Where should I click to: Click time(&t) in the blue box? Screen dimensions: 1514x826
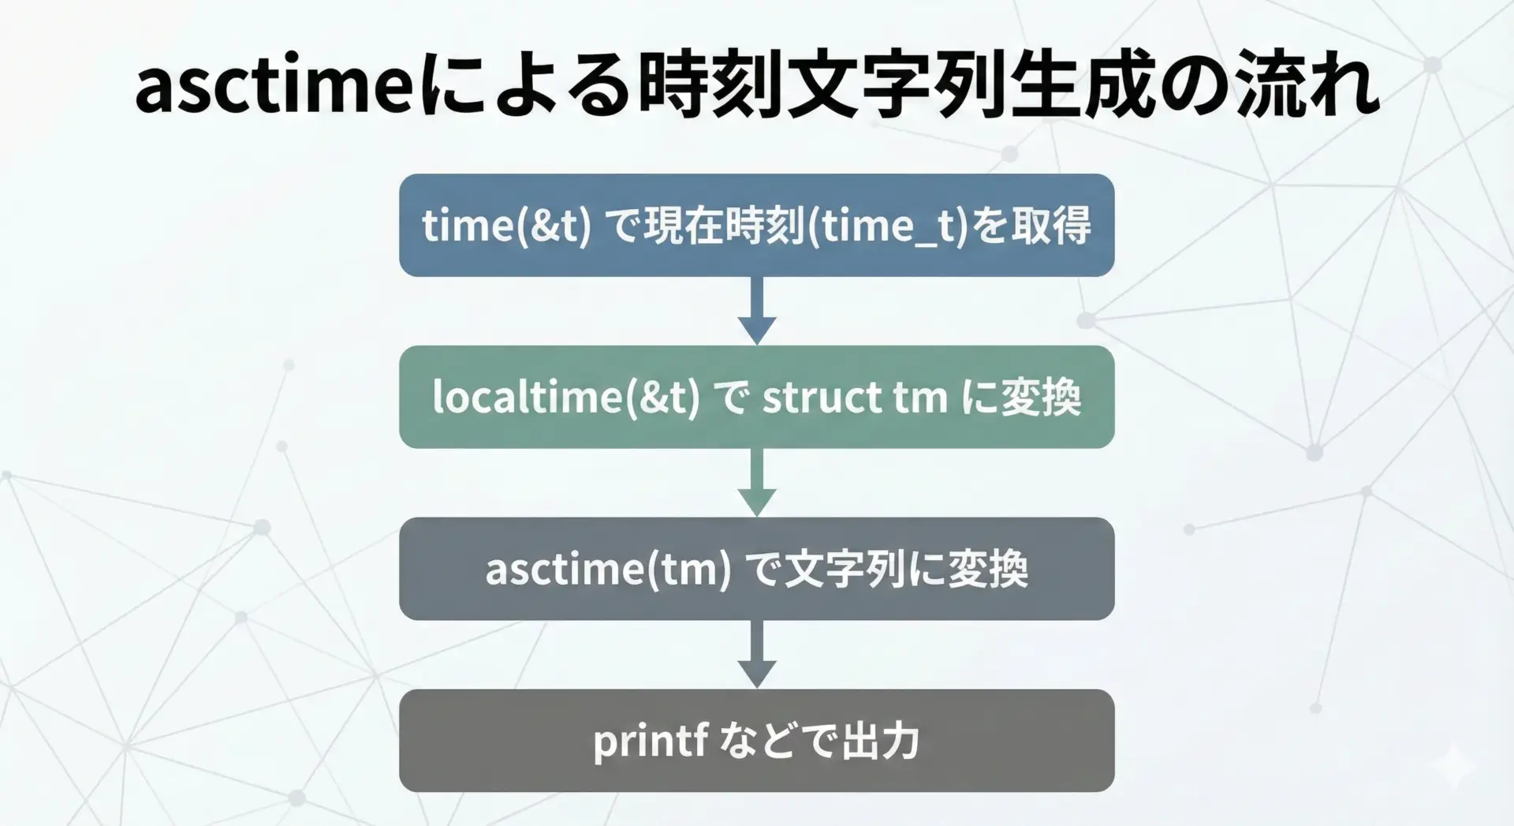click(506, 226)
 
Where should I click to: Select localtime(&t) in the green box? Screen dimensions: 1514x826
click(565, 397)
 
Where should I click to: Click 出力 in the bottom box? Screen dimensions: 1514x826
click(881, 741)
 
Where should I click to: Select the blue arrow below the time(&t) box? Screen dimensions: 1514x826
click(757, 310)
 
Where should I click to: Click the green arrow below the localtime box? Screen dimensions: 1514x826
click(757, 482)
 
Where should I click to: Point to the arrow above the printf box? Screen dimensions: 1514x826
click(757, 654)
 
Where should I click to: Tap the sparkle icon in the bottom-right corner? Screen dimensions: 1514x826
click(1455, 765)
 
